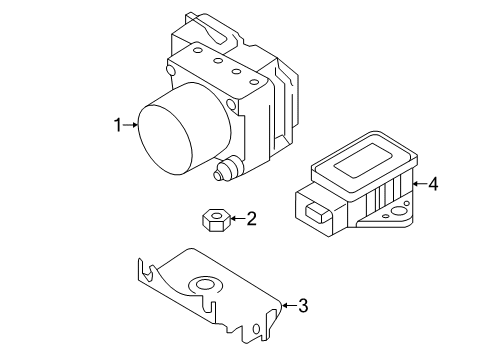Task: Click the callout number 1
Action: pos(118,125)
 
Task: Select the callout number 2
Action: pos(251,217)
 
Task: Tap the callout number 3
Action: pos(304,306)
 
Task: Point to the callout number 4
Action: pos(433,184)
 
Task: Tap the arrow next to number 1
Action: pos(131,125)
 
